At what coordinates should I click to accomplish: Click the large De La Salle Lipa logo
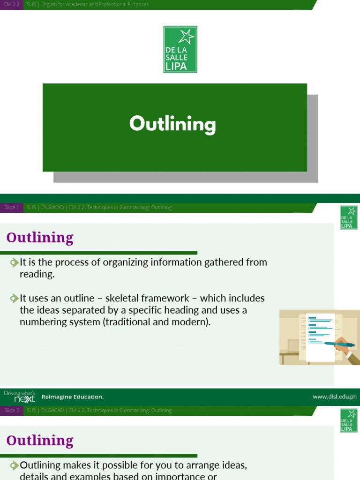(180, 49)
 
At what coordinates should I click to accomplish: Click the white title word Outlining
(172, 124)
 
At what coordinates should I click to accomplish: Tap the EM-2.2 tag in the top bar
(12, 5)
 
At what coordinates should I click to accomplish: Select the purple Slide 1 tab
(12, 208)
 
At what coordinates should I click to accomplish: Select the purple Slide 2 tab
(12, 411)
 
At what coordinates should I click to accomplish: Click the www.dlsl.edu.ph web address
(334, 397)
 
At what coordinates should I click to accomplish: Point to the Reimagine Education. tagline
(73, 397)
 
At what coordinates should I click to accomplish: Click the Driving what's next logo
(19, 397)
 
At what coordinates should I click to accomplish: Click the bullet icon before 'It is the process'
(15, 262)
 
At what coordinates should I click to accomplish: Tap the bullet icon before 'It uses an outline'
(15, 298)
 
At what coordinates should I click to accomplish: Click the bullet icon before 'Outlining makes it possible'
(15, 465)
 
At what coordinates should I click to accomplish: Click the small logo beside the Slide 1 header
(349, 217)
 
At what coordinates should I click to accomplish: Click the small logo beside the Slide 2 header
(349, 420)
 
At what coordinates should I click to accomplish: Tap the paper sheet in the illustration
(319, 335)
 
